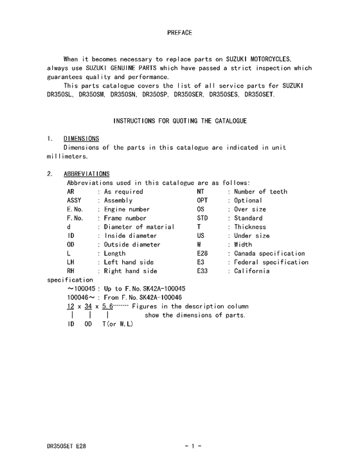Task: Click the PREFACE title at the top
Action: click(180, 32)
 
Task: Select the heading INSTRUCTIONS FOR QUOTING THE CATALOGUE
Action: click(180, 121)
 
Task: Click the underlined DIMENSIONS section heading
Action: click(81, 138)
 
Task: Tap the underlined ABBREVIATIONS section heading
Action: click(87, 174)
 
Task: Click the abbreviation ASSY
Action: click(75, 201)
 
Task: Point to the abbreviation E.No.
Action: click(76, 210)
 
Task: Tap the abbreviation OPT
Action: click(203, 201)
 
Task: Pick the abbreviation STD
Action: click(203, 219)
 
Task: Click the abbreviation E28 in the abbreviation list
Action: click(203, 253)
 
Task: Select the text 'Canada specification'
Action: click(269, 253)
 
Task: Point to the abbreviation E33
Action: click(203, 271)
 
